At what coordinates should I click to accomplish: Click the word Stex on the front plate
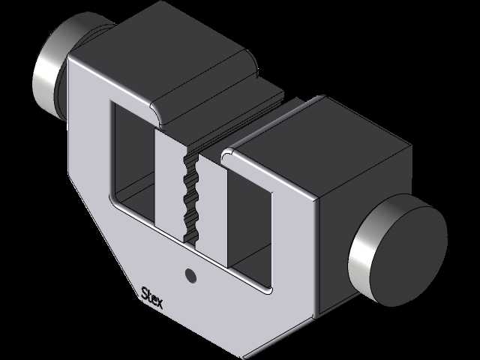(151, 298)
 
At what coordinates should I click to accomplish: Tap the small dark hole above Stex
(191, 275)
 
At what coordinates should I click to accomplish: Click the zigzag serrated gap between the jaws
(191, 199)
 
